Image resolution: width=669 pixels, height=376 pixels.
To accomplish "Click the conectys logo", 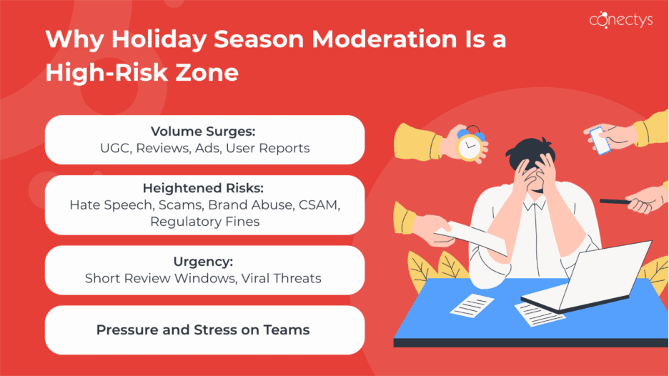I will (x=620, y=20).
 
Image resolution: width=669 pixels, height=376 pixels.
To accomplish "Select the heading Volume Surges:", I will (x=204, y=132).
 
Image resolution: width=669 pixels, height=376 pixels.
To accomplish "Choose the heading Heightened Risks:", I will (x=204, y=189).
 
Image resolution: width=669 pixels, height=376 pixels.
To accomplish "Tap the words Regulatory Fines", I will (x=204, y=222).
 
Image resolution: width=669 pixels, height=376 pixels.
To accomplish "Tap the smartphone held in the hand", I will (x=599, y=142).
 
